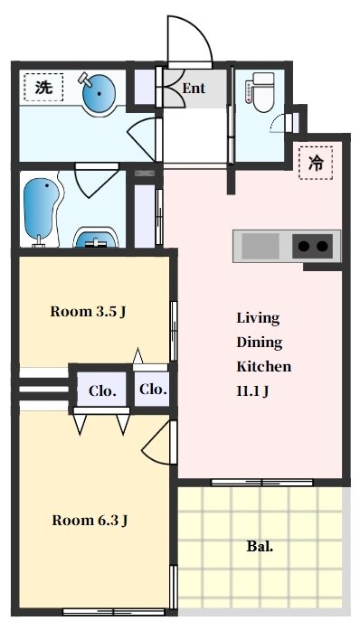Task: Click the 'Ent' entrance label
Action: click(x=194, y=88)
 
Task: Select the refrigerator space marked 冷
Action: click(x=316, y=163)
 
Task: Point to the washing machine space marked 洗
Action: click(x=43, y=87)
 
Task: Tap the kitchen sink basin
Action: click(x=261, y=246)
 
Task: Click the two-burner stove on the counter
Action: click(x=313, y=246)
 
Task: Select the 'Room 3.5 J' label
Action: click(x=88, y=311)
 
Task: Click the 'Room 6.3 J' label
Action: click(x=90, y=521)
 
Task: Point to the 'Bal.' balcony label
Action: click(x=260, y=547)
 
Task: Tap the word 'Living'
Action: click(x=258, y=318)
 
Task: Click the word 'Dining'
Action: click(x=260, y=343)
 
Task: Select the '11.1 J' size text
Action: click(x=252, y=391)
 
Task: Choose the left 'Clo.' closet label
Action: click(x=102, y=390)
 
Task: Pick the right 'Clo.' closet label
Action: click(x=153, y=389)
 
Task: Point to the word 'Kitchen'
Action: click(x=264, y=366)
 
